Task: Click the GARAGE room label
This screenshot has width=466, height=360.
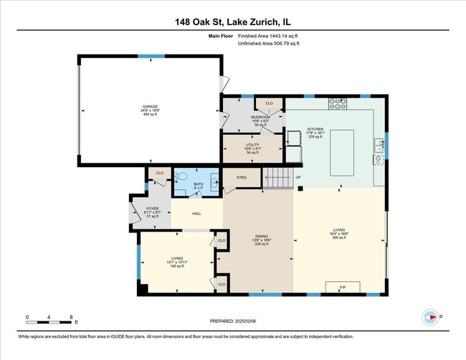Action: click(151, 106)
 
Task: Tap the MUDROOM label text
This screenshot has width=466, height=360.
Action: click(260, 117)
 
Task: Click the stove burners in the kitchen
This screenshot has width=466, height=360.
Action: click(338, 104)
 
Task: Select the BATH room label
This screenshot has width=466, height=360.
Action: click(199, 184)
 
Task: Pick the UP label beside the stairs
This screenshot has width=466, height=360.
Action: click(298, 178)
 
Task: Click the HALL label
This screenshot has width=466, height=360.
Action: click(196, 213)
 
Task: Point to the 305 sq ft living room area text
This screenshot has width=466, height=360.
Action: click(340, 238)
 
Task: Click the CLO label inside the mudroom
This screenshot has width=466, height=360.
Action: click(269, 104)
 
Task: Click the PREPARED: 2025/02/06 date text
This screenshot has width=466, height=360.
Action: click(232, 323)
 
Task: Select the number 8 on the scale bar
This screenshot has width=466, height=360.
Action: click(71, 316)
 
